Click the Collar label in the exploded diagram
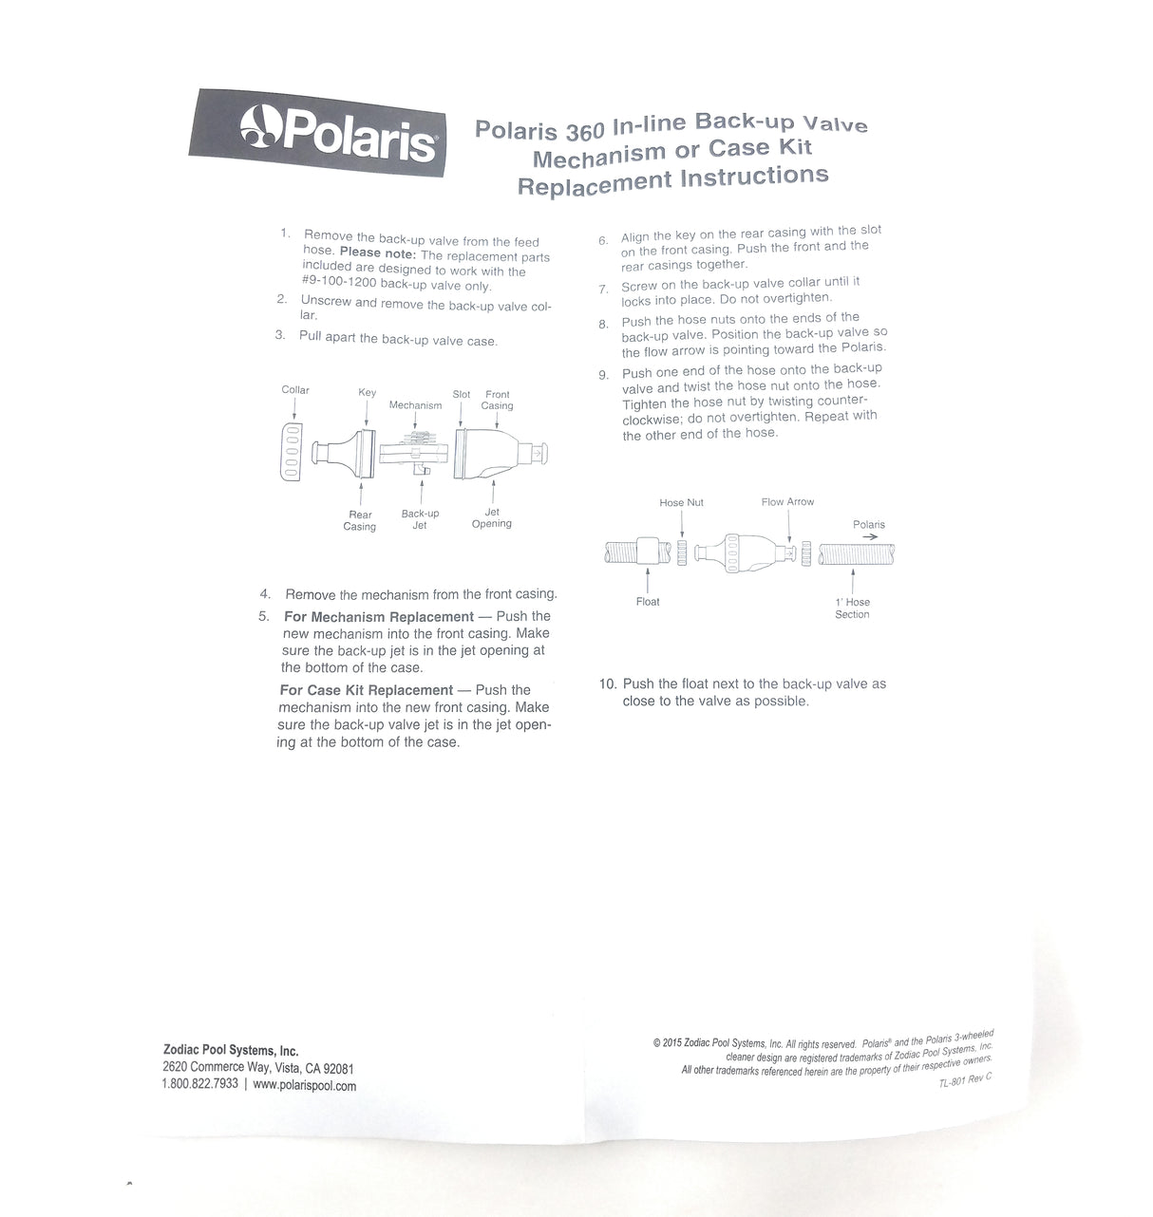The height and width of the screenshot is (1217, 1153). point(295,390)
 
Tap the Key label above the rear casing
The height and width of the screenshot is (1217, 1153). point(367,393)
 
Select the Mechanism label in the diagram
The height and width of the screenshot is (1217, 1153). point(415,405)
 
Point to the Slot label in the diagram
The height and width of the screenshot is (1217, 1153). point(462,394)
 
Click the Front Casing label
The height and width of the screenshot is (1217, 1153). point(497,400)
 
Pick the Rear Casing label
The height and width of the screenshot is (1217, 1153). point(360,520)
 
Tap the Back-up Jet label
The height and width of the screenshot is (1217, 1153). point(420,519)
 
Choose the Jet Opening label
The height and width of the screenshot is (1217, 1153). point(492,517)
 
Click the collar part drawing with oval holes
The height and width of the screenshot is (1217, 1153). point(293,449)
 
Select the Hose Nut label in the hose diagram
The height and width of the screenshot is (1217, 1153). point(682,502)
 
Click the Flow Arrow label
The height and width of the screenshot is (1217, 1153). point(787,502)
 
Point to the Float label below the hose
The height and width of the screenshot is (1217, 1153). point(648,602)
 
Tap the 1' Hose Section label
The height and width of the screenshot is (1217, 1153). point(853,608)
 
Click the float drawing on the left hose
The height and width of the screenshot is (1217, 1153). point(648,552)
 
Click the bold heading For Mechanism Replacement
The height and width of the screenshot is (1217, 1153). point(379,617)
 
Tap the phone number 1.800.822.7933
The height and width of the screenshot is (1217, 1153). point(200,1083)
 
